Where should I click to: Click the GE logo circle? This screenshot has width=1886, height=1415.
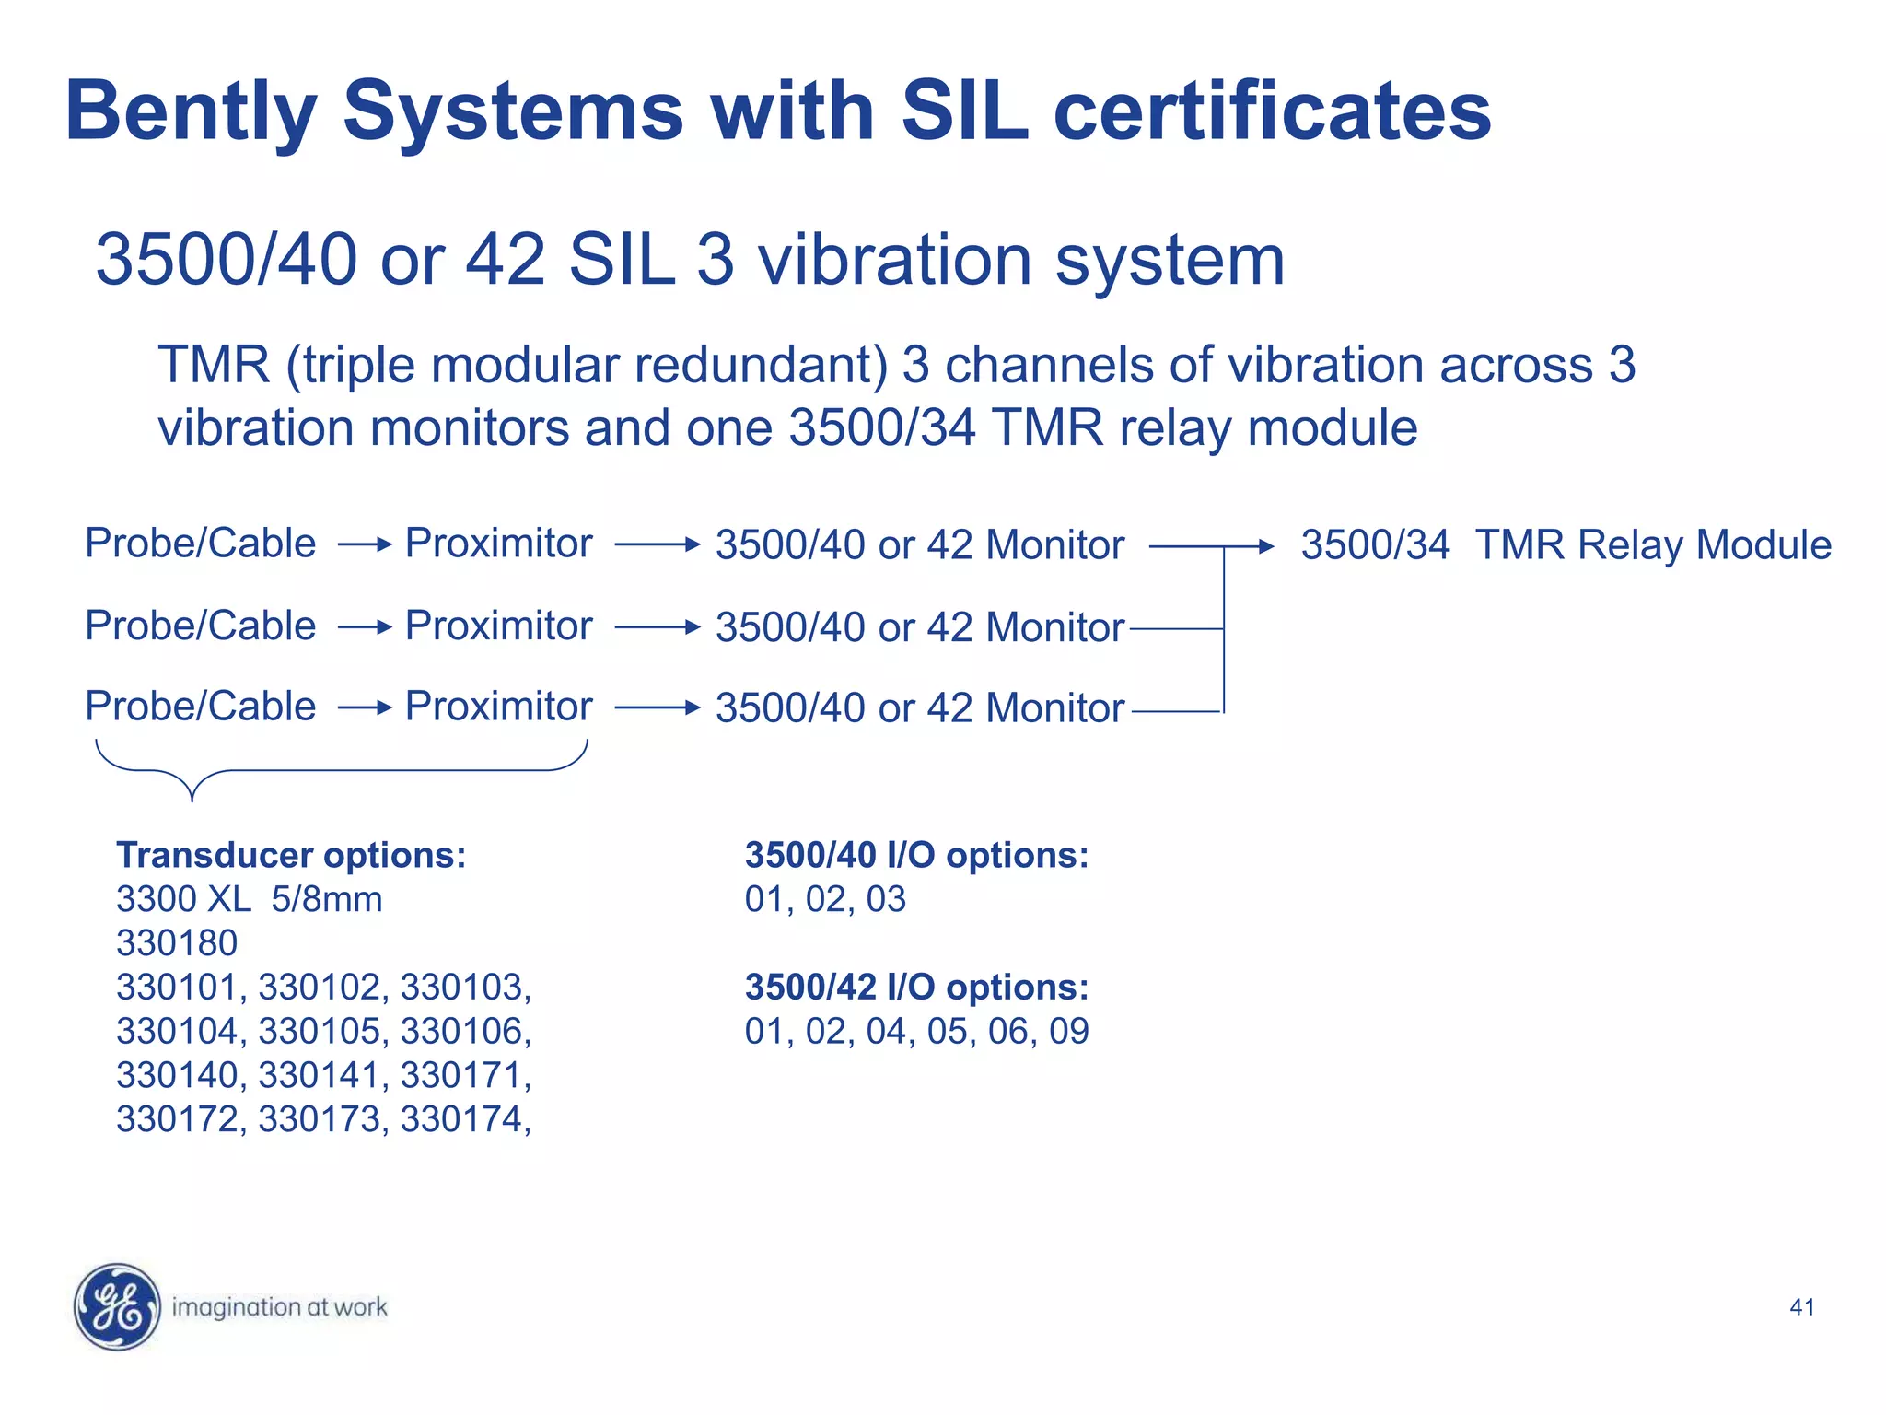coord(117,1306)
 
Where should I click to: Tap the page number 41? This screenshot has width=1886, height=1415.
coord(1801,1307)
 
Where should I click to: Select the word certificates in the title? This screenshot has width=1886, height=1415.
coord(1272,111)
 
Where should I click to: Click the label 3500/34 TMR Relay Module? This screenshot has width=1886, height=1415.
coord(1566,545)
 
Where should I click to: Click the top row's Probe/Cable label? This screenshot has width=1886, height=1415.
coord(200,544)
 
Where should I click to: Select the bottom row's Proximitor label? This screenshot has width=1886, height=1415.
coord(498,707)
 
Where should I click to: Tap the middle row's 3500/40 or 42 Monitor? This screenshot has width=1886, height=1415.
coord(919,627)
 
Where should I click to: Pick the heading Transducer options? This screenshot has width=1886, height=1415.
coord(291,855)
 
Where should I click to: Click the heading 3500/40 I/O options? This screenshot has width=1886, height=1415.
coord(916,855)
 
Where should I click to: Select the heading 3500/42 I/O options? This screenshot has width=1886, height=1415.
coord(916,987)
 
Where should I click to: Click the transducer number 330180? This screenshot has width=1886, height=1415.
coord(177,943)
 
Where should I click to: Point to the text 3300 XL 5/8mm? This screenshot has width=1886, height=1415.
coord(249,899)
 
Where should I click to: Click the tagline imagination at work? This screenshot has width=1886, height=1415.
coord(279,1307)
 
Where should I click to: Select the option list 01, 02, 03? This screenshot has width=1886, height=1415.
coord(825,899)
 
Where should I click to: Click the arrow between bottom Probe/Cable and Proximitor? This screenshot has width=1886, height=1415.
coord(365,707)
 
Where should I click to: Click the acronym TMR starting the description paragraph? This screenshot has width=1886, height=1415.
coord(213,365)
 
